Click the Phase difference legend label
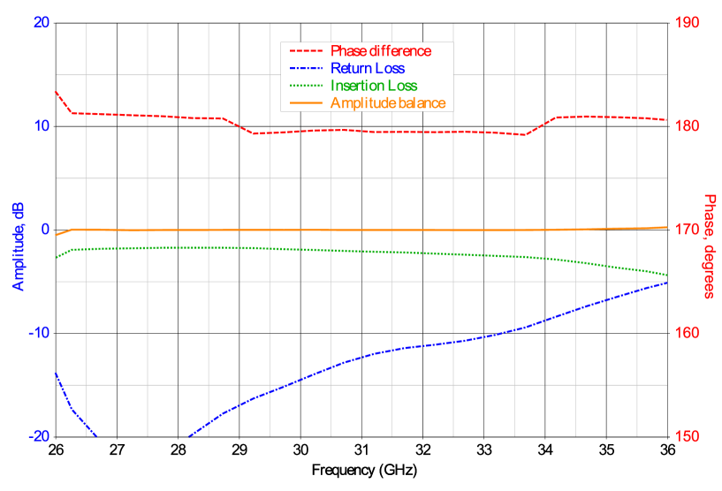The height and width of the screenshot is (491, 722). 381,51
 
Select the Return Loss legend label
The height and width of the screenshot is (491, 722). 368,68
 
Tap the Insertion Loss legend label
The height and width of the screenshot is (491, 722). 374,86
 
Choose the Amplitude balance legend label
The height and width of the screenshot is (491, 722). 388,103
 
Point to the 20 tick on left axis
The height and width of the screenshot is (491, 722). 41,22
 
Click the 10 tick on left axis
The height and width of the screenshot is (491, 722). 41,125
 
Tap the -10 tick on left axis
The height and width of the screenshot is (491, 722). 38,333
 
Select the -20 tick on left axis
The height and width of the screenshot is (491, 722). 38,436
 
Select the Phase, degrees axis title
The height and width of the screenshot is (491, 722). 709,245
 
